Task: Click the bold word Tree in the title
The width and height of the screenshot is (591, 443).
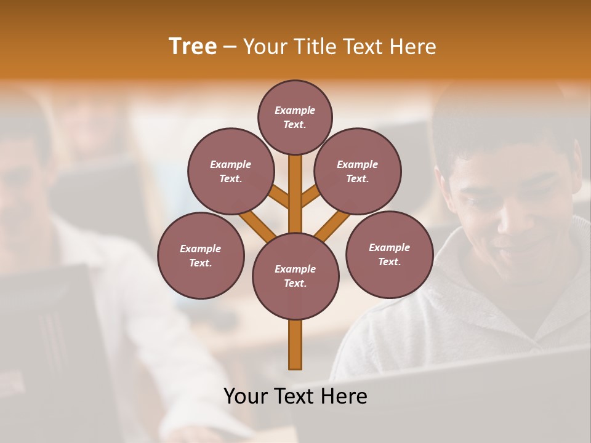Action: coord(193,46)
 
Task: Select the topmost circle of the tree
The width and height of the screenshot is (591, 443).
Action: coord(295,117)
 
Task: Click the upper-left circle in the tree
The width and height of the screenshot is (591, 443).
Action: coord(230,171)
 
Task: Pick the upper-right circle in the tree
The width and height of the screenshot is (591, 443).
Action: coord(357,171)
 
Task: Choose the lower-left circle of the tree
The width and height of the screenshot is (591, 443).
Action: coord(200,255)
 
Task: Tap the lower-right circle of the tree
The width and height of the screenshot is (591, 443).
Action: coord(389,254)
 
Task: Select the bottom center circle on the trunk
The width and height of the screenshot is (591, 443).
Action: coord(295,276)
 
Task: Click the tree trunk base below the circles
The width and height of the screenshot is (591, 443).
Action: coord(295,345)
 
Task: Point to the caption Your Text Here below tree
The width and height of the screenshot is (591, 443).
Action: coord(295,396)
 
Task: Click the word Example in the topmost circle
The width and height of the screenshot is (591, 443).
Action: coord(295,111)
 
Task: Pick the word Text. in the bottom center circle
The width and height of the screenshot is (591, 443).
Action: coord(295,283)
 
